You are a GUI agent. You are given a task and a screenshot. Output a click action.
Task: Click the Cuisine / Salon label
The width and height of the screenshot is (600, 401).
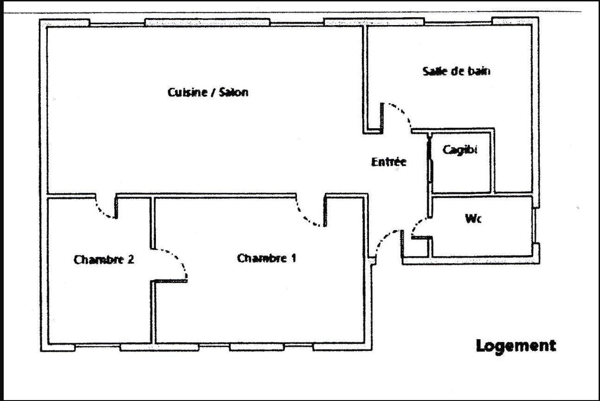point(208,92)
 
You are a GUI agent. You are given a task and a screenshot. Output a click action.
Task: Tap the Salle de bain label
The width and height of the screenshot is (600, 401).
point(457,71)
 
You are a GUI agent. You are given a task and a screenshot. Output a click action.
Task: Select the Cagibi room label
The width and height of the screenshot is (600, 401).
point(460,150)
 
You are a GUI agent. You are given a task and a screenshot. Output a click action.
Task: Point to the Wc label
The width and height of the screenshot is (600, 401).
point(473,219)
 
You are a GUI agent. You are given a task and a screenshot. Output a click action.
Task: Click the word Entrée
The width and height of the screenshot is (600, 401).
point(389,162)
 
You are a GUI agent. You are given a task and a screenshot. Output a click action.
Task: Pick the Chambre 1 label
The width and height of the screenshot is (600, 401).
point(266,258)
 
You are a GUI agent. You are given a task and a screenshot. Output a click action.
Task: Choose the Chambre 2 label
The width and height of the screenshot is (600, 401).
point(103,260)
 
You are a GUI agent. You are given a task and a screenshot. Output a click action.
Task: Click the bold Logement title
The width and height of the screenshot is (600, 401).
point(516,346)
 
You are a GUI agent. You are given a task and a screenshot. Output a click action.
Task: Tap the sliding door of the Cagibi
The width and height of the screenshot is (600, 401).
point(431,171)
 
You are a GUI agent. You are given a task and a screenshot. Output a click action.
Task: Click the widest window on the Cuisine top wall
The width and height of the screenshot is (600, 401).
point(207,22)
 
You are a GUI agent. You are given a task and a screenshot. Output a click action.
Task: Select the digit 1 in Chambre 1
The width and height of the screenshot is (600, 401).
point(294,258)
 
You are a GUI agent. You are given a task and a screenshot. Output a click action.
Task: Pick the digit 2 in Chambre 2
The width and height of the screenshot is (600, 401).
point(131,260)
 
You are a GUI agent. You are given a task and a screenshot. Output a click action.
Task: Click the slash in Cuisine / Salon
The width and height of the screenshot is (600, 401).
point(213,92)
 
